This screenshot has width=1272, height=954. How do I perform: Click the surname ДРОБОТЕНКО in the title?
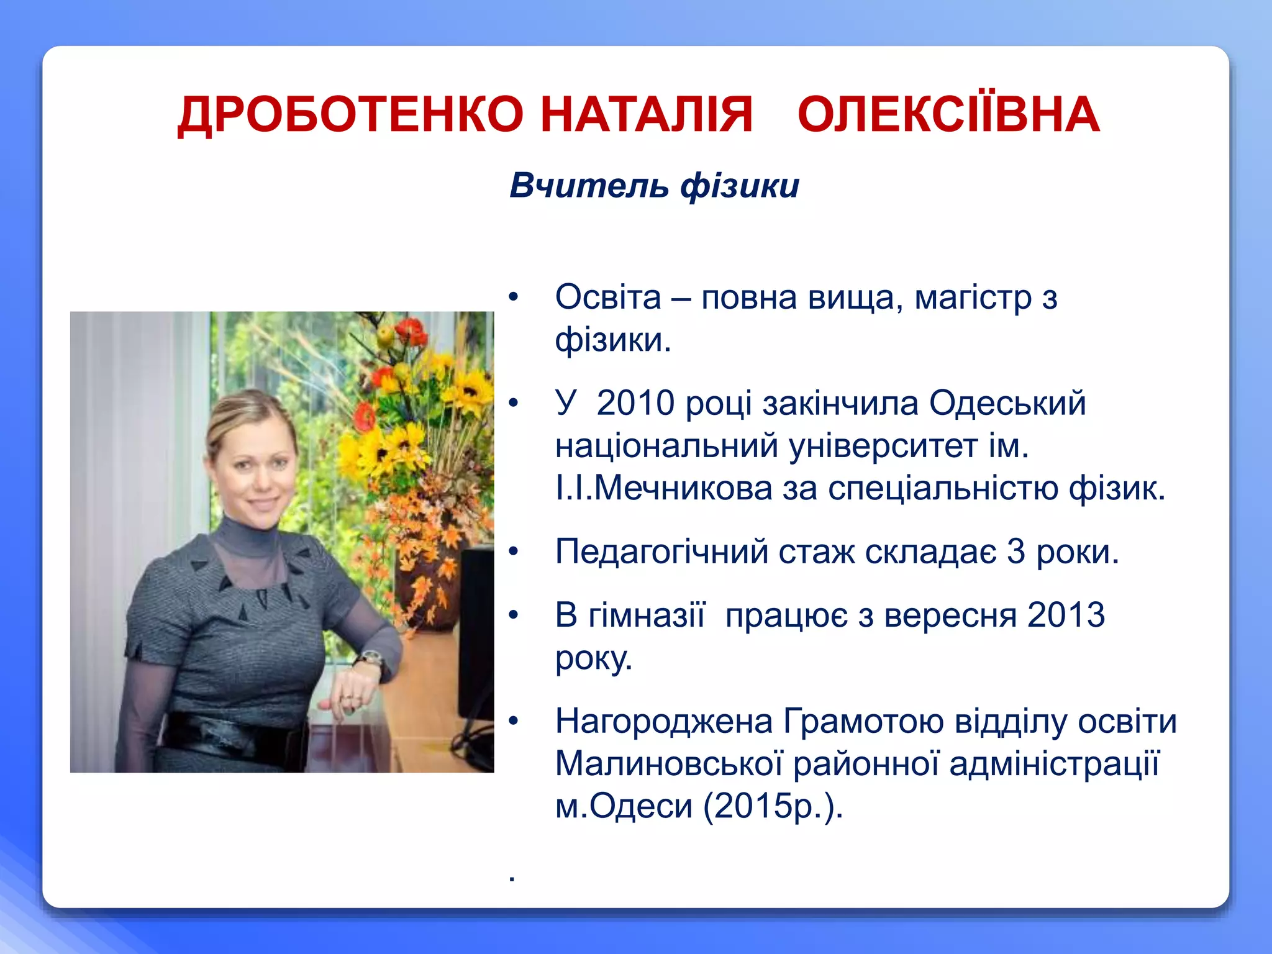point(351,116)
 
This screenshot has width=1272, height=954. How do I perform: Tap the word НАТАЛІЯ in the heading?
point(647,116)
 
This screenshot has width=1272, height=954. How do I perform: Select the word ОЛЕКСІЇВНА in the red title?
point(948,116)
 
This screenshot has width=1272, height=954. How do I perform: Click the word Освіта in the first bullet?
point(608,298)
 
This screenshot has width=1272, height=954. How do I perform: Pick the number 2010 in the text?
point(635,404)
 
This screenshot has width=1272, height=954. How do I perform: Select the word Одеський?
point(1007,404)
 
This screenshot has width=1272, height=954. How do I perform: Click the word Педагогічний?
point(661,552)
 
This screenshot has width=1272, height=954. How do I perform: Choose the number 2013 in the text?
point(1066,616)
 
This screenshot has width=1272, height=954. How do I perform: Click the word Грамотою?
point(864,722)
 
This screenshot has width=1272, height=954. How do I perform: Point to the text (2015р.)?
point(773,807)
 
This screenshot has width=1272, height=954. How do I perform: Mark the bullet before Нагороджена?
point(513,722)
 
